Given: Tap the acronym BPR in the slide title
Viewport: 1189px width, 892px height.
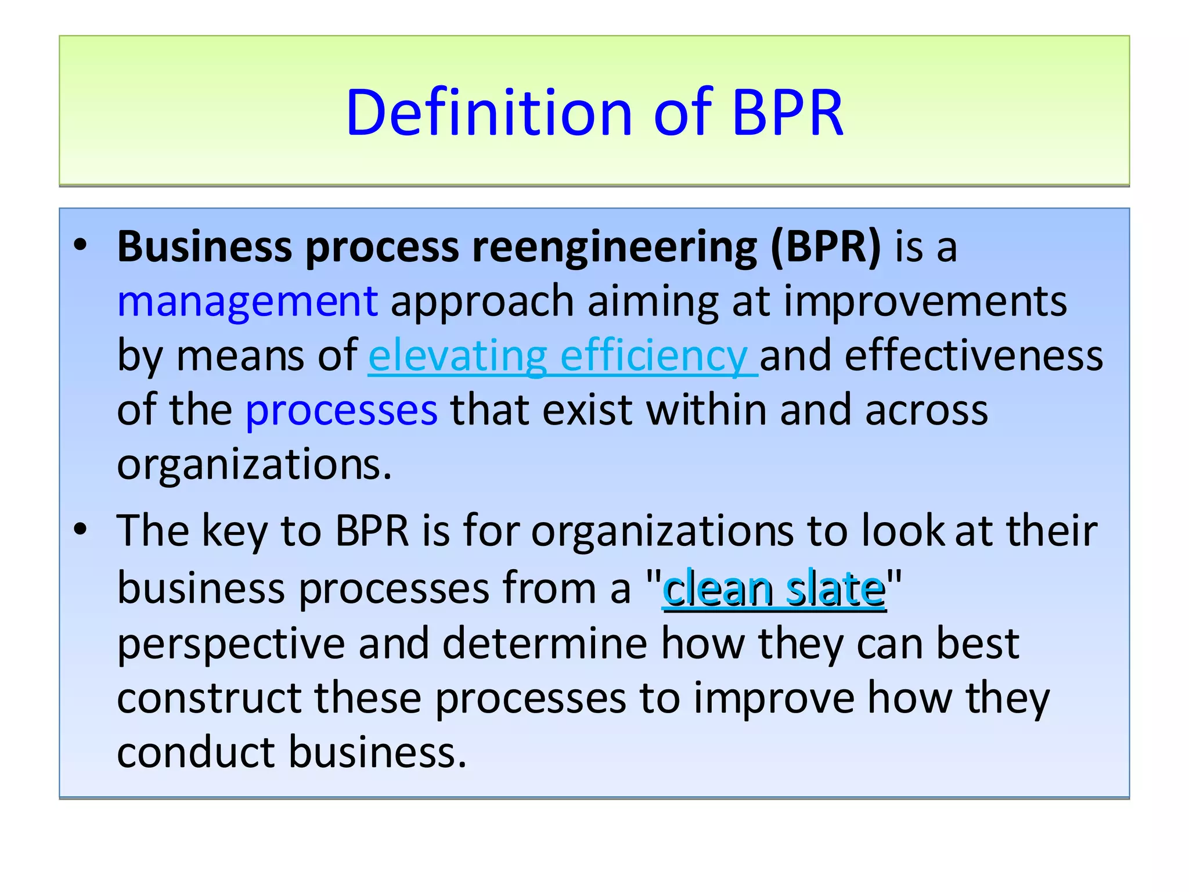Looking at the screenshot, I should [787, 113].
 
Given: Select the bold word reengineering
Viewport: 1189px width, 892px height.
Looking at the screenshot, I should [615, 247].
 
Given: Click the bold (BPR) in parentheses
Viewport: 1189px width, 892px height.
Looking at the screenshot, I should [826, 247].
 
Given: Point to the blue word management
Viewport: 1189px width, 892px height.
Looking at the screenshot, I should [248, 302].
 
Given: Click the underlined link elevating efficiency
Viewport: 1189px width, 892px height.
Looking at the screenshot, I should [562, 355].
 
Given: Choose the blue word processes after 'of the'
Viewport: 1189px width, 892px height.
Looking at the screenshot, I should [341, 410].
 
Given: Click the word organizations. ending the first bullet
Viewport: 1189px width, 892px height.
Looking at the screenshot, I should [254, 465].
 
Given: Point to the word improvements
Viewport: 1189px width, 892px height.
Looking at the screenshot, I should [925, 302].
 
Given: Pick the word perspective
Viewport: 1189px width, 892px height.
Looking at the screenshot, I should [231, 643].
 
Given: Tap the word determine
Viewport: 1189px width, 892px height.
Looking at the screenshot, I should [545, 643].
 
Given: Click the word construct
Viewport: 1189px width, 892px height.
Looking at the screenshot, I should [209, 698].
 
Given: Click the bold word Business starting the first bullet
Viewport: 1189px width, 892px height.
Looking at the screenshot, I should [204, 247].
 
